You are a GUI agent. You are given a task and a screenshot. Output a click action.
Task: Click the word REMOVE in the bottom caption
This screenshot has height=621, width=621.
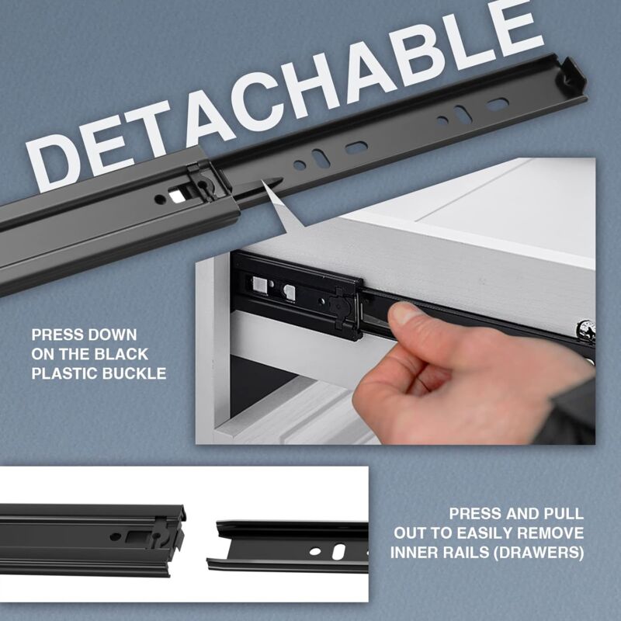pyautogui.click(x=554, y=533)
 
